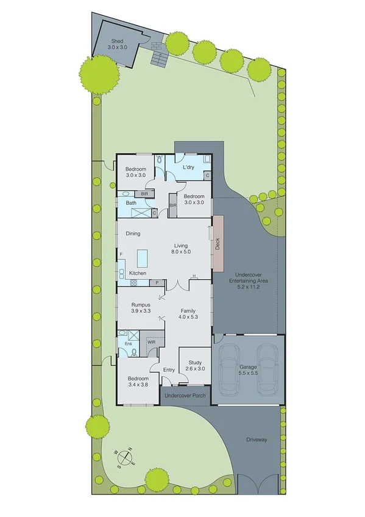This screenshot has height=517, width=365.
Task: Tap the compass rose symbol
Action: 125,455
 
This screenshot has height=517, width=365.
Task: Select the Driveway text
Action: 257,439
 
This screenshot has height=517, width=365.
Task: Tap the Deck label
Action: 217,244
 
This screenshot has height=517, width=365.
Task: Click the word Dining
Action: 133,234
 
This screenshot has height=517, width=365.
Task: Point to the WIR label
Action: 152,343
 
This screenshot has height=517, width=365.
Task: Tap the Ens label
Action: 129,344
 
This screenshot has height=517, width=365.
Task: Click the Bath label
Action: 131,203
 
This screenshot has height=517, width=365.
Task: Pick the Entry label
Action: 169,370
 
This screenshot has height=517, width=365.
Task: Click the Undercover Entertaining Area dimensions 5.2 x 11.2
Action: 249,286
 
